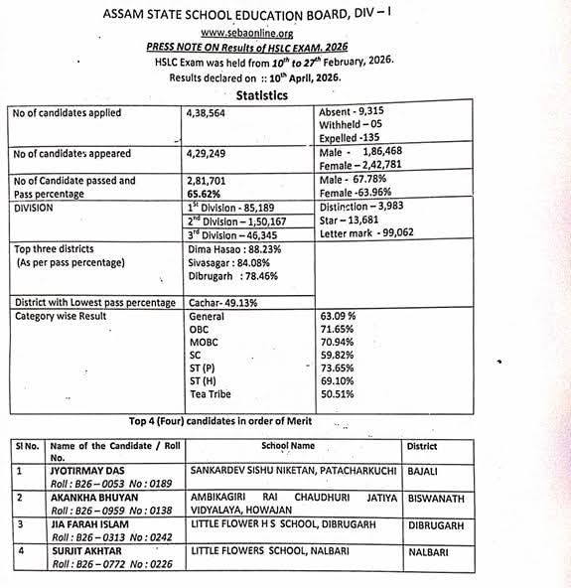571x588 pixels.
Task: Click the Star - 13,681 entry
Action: tap(350, 221)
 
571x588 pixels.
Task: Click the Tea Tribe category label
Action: tap(211, 392)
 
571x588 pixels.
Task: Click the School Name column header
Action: tap(288, 446)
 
